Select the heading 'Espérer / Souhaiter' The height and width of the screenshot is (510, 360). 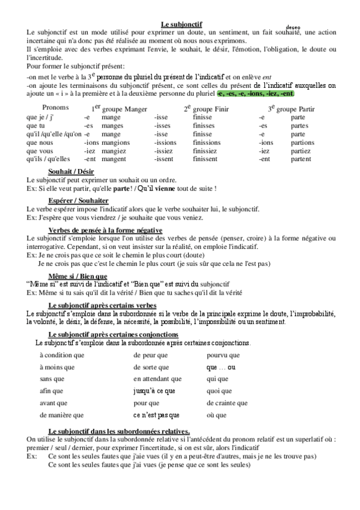(x=78, y=200)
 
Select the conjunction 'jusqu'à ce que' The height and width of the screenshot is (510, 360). (x=154, y=390)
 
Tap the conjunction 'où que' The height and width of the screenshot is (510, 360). (x=216, y=415)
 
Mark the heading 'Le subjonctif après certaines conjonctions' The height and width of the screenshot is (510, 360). (x=113, y=334)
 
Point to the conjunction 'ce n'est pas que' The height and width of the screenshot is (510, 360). (x=157, y=415)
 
